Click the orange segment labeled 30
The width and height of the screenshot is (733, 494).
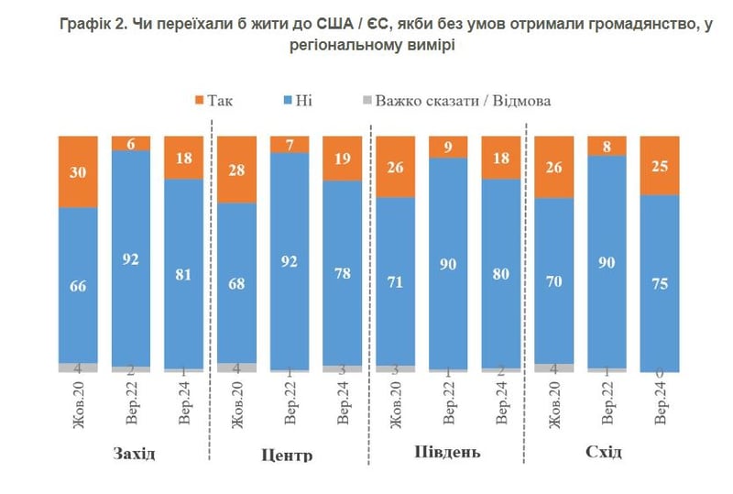click(x=78, y=171)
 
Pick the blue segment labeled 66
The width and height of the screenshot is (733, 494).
click(x=78, y=285)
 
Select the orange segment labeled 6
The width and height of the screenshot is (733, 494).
click(x=131, y=143)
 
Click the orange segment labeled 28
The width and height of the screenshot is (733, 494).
click(x=237, y=170)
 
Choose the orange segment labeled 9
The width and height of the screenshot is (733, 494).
click(x=448, y=147)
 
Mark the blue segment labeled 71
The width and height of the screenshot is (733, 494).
click(x=395, y=280)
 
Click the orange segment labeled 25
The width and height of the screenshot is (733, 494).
click(x=660, y=166)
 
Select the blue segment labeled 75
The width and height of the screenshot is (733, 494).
click(x=660, y=283)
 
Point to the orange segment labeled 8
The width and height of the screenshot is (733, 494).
click(x=607, y=146)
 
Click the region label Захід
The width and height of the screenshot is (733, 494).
click(x=134, y=453)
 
